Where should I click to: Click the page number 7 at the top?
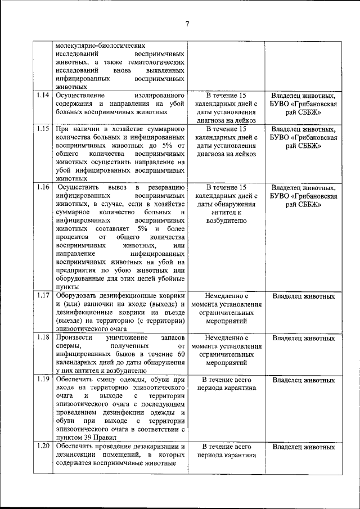point(187,23)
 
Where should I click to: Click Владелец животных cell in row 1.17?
point(303,296)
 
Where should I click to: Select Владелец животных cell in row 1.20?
point(303,447)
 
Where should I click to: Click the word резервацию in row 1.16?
point(166,187)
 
